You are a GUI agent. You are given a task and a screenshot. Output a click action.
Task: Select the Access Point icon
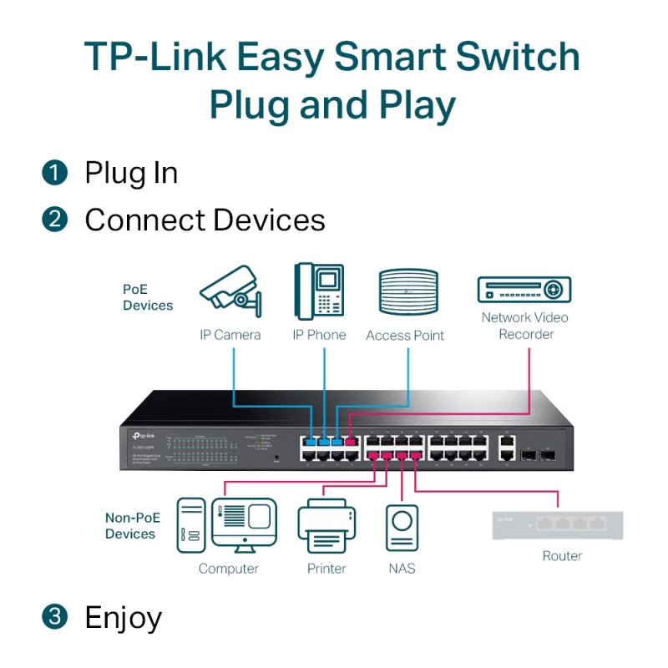coord(408,292)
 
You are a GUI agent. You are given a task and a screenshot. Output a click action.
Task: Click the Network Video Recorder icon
coord(524,290)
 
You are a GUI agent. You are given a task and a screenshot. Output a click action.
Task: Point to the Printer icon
coord(326,525)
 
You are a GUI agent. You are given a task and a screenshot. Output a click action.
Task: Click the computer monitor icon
coord(243,524)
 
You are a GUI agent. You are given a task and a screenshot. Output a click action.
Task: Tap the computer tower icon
coord(190,525)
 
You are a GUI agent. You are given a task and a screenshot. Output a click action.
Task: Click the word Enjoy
coord(123,618)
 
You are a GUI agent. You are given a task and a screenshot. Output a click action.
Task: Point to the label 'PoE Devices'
coord(148,297)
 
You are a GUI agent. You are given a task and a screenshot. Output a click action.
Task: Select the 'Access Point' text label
coord(405,336)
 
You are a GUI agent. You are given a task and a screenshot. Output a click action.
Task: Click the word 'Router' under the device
coord(562,556)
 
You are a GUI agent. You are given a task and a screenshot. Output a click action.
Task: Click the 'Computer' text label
coord(228,569)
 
